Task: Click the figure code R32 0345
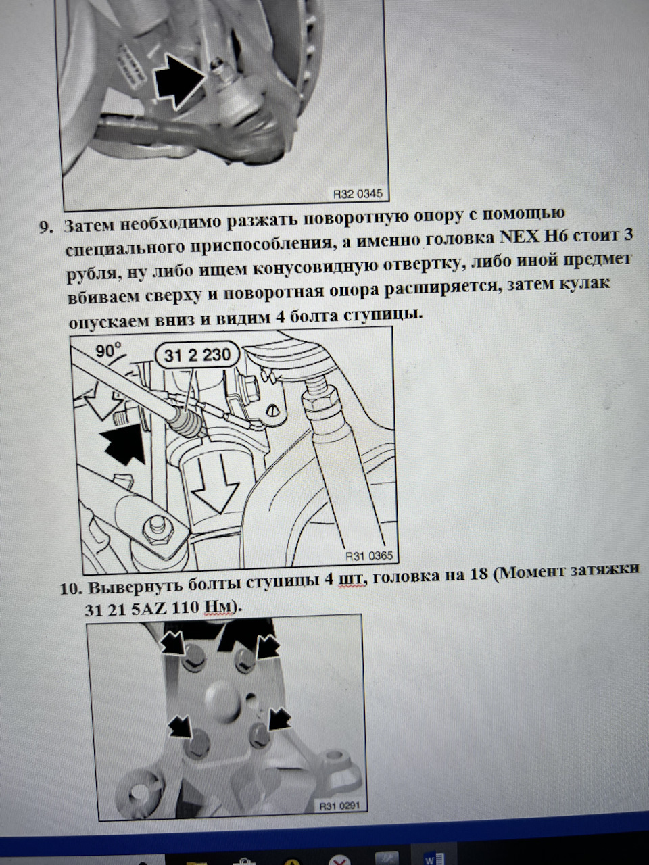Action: (x=358, y=193)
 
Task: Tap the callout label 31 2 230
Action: (x=197, y=355)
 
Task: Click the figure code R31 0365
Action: (x=369, y=555)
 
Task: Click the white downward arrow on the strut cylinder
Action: (x=216, y=484)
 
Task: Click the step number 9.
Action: (x=45, y=228)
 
